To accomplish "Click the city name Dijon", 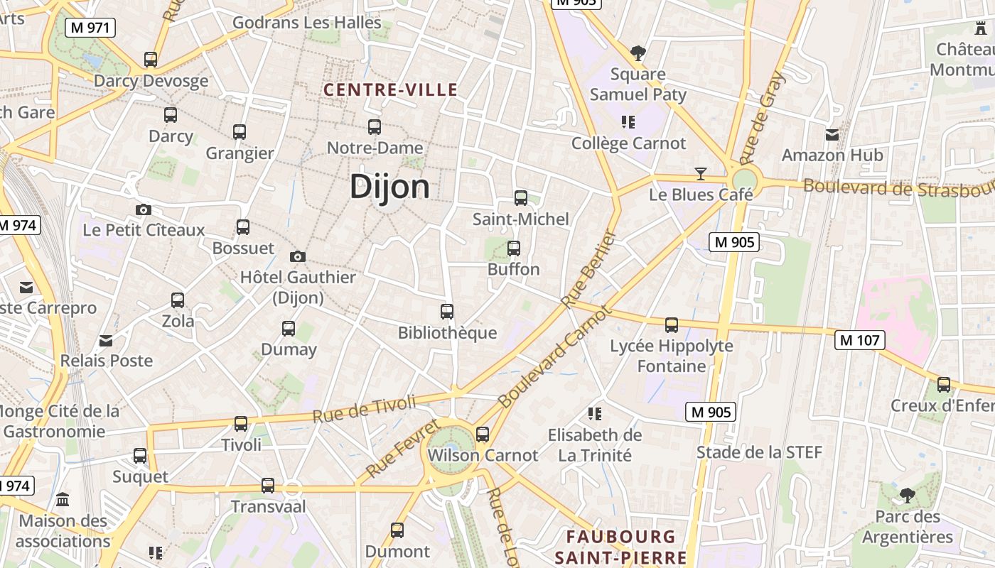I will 389,187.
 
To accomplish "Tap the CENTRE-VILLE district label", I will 390,90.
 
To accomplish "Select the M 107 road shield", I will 859,340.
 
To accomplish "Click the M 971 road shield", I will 90,28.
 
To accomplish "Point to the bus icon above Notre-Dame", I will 375,127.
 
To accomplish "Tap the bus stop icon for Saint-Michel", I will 521,198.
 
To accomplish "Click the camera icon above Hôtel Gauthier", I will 298,256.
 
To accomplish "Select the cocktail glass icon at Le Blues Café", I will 701,174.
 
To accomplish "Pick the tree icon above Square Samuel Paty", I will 638,53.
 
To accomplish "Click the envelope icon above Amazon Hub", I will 832,134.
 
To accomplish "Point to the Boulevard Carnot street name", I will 554,357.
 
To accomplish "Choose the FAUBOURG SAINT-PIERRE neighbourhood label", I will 620,547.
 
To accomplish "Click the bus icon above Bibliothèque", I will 447,312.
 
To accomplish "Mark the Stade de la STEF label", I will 759,452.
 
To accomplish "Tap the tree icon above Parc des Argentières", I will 907,495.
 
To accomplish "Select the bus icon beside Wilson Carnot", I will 483,434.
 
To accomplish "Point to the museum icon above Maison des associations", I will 63,499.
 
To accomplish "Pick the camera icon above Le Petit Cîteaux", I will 144,209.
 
